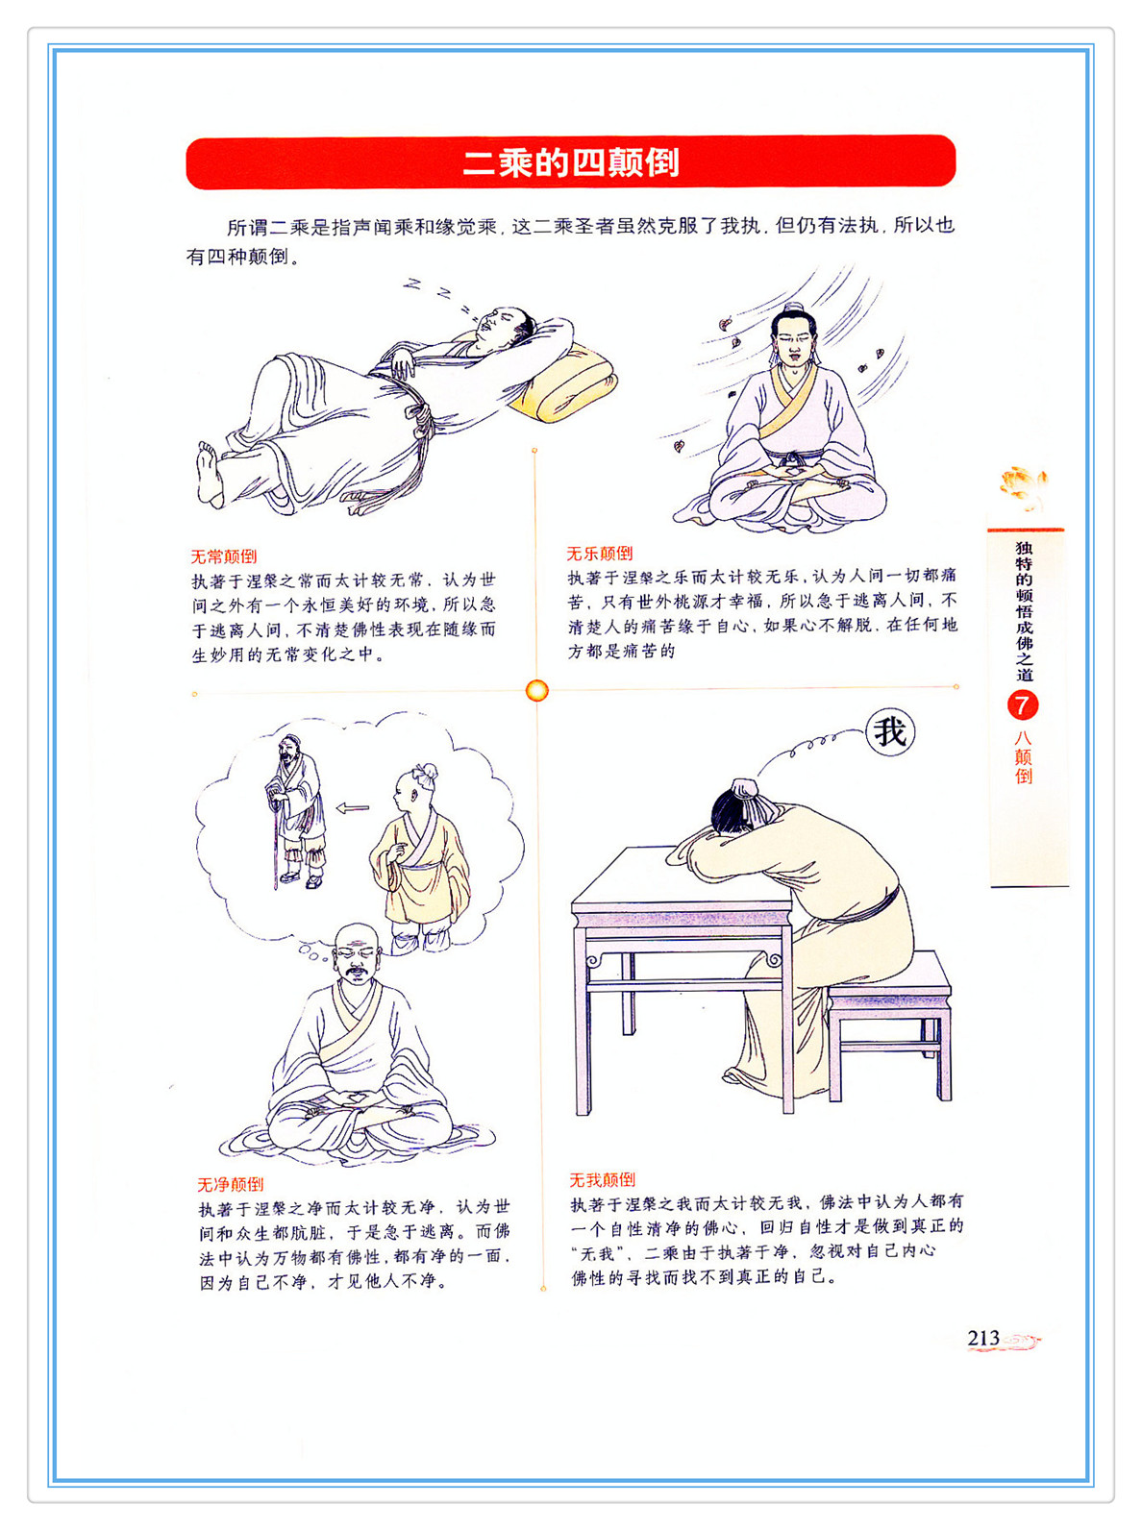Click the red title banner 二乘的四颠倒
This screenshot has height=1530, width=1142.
click(x=570, y=162)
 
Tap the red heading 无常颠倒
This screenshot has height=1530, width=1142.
click(x=224, y=556)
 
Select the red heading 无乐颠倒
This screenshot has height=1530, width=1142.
click(x=600, y=554)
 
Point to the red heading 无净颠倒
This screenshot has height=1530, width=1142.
click(x=230, y=1184)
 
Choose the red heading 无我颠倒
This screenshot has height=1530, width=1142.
click(x=603, y=1179)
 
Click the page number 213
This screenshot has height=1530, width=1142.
click(x=983, y=1338)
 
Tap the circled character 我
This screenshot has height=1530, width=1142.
click(x=889, y=732)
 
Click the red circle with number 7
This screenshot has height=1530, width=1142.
click(x=1023, y=706)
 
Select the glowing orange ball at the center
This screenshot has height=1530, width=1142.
click(x=536, y=691)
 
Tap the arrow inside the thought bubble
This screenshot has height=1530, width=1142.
click(x=352, y=808)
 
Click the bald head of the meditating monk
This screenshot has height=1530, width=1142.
click(x=357, y=941)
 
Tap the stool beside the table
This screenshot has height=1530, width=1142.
click(x=890, y=1024)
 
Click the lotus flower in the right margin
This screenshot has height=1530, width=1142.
click(x=1022, y=484)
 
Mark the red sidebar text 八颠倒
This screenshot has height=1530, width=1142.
click(x=1023, y=756)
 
